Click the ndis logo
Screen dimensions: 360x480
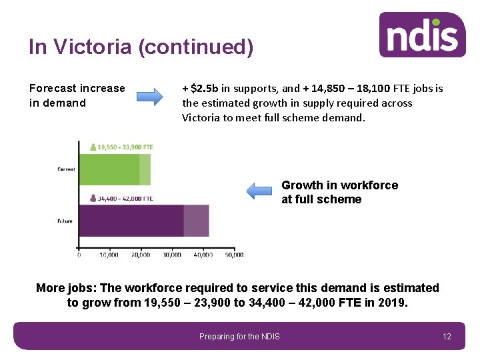422,35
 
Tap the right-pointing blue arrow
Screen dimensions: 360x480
150,96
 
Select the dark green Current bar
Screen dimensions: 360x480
109,169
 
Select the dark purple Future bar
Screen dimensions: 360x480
131,221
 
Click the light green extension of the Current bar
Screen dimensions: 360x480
145,169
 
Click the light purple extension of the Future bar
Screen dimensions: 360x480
196,221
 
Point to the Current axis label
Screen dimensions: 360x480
65,169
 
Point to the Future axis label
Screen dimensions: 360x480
65,221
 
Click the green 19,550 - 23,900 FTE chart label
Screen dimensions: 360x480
125,147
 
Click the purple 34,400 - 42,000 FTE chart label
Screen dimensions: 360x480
125,198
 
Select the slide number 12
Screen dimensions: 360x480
447,337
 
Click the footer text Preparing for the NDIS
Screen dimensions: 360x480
239,337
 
